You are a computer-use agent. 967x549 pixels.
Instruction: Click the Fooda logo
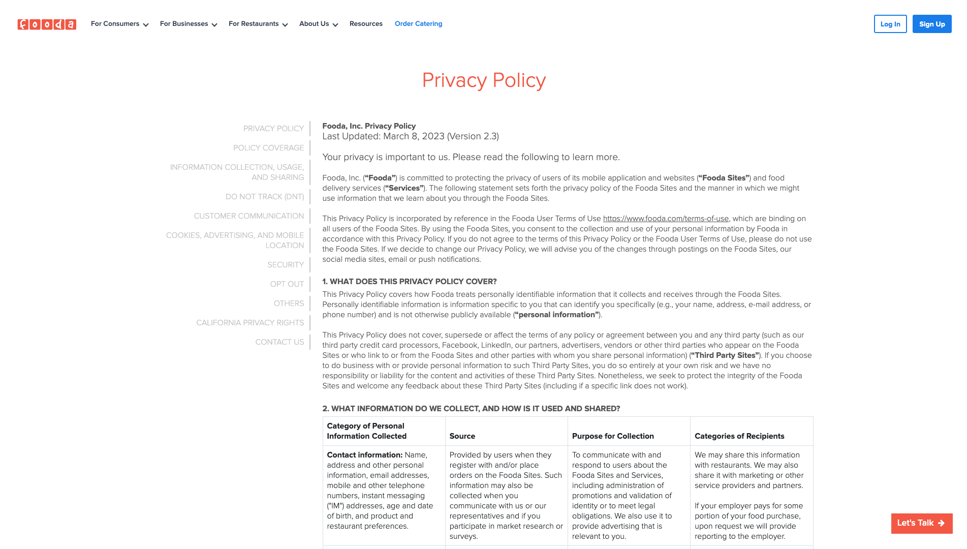47,24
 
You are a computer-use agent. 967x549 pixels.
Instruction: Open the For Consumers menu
119,24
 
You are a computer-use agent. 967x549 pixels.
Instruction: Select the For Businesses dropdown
188,24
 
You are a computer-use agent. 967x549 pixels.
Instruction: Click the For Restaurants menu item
258,24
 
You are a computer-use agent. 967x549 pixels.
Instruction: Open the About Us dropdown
318,24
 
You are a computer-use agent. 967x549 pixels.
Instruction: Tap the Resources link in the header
366,24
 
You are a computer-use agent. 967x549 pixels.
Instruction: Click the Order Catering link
418,24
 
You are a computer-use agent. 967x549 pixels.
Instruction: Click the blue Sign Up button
931,24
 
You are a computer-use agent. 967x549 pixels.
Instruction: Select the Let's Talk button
921,523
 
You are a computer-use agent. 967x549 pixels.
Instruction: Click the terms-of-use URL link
666,219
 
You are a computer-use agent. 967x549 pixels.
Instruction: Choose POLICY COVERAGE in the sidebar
268,148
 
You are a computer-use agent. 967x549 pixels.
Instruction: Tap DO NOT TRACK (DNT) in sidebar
265,197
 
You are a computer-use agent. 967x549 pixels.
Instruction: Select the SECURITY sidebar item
286,265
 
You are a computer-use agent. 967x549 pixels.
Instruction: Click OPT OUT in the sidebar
287,284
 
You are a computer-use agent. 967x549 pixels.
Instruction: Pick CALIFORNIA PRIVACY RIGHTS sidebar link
250,323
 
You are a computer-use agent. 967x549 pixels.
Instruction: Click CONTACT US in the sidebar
279,342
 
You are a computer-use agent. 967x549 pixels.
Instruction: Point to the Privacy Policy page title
484,80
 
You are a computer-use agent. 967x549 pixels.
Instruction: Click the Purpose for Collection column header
613,436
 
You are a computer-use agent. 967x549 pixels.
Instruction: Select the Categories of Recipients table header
739,436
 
